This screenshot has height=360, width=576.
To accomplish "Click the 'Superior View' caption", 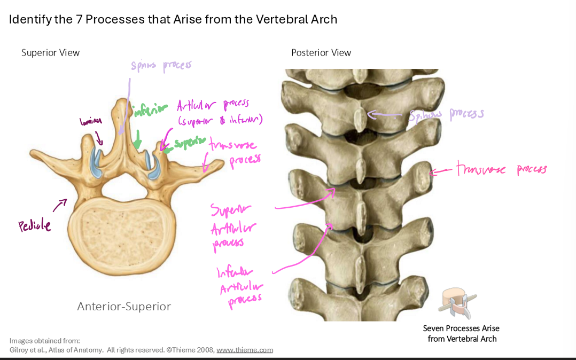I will click(x=50, y=52).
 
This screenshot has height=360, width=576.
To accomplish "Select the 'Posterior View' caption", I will click(x=321, y=52).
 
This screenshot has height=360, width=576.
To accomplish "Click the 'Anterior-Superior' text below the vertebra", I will click(x=124, y=306).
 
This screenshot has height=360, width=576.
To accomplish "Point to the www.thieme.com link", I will click(x=245, y=350).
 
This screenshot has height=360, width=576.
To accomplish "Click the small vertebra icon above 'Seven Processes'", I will click(x=457, y=303).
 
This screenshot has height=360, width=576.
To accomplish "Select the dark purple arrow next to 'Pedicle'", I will click(x=60, y=205).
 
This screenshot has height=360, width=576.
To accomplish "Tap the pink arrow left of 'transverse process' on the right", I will click(x=441, y=171).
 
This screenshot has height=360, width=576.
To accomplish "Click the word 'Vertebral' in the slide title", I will click(x=280, y=19).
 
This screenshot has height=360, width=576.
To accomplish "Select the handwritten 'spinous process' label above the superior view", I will click(x=161, y=66).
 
